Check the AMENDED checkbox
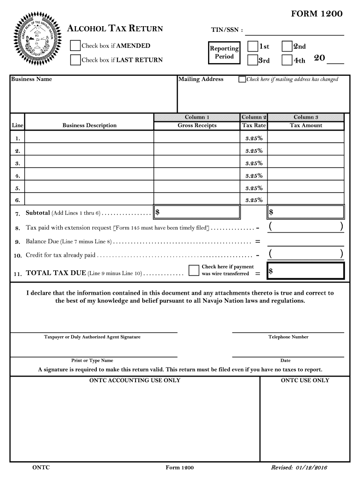tap(75, 45)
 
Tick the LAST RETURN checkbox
tap(75, 60)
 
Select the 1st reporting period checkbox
tap(252, 46)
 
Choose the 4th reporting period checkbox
tap(287, 60)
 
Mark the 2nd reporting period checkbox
tap(287, 46)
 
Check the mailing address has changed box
tap(242, 80)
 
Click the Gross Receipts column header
tap(197, 125)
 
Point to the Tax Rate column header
tap(254, 125)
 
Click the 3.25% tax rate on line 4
tap(254, 175)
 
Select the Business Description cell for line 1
tap(89, 138)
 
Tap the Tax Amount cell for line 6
tap(306, 200)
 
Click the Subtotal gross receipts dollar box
tap(197, 212)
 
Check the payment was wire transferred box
tap(194, 270)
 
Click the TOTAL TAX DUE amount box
tap(306, 271)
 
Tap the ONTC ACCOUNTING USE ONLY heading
tap(135, 380)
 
